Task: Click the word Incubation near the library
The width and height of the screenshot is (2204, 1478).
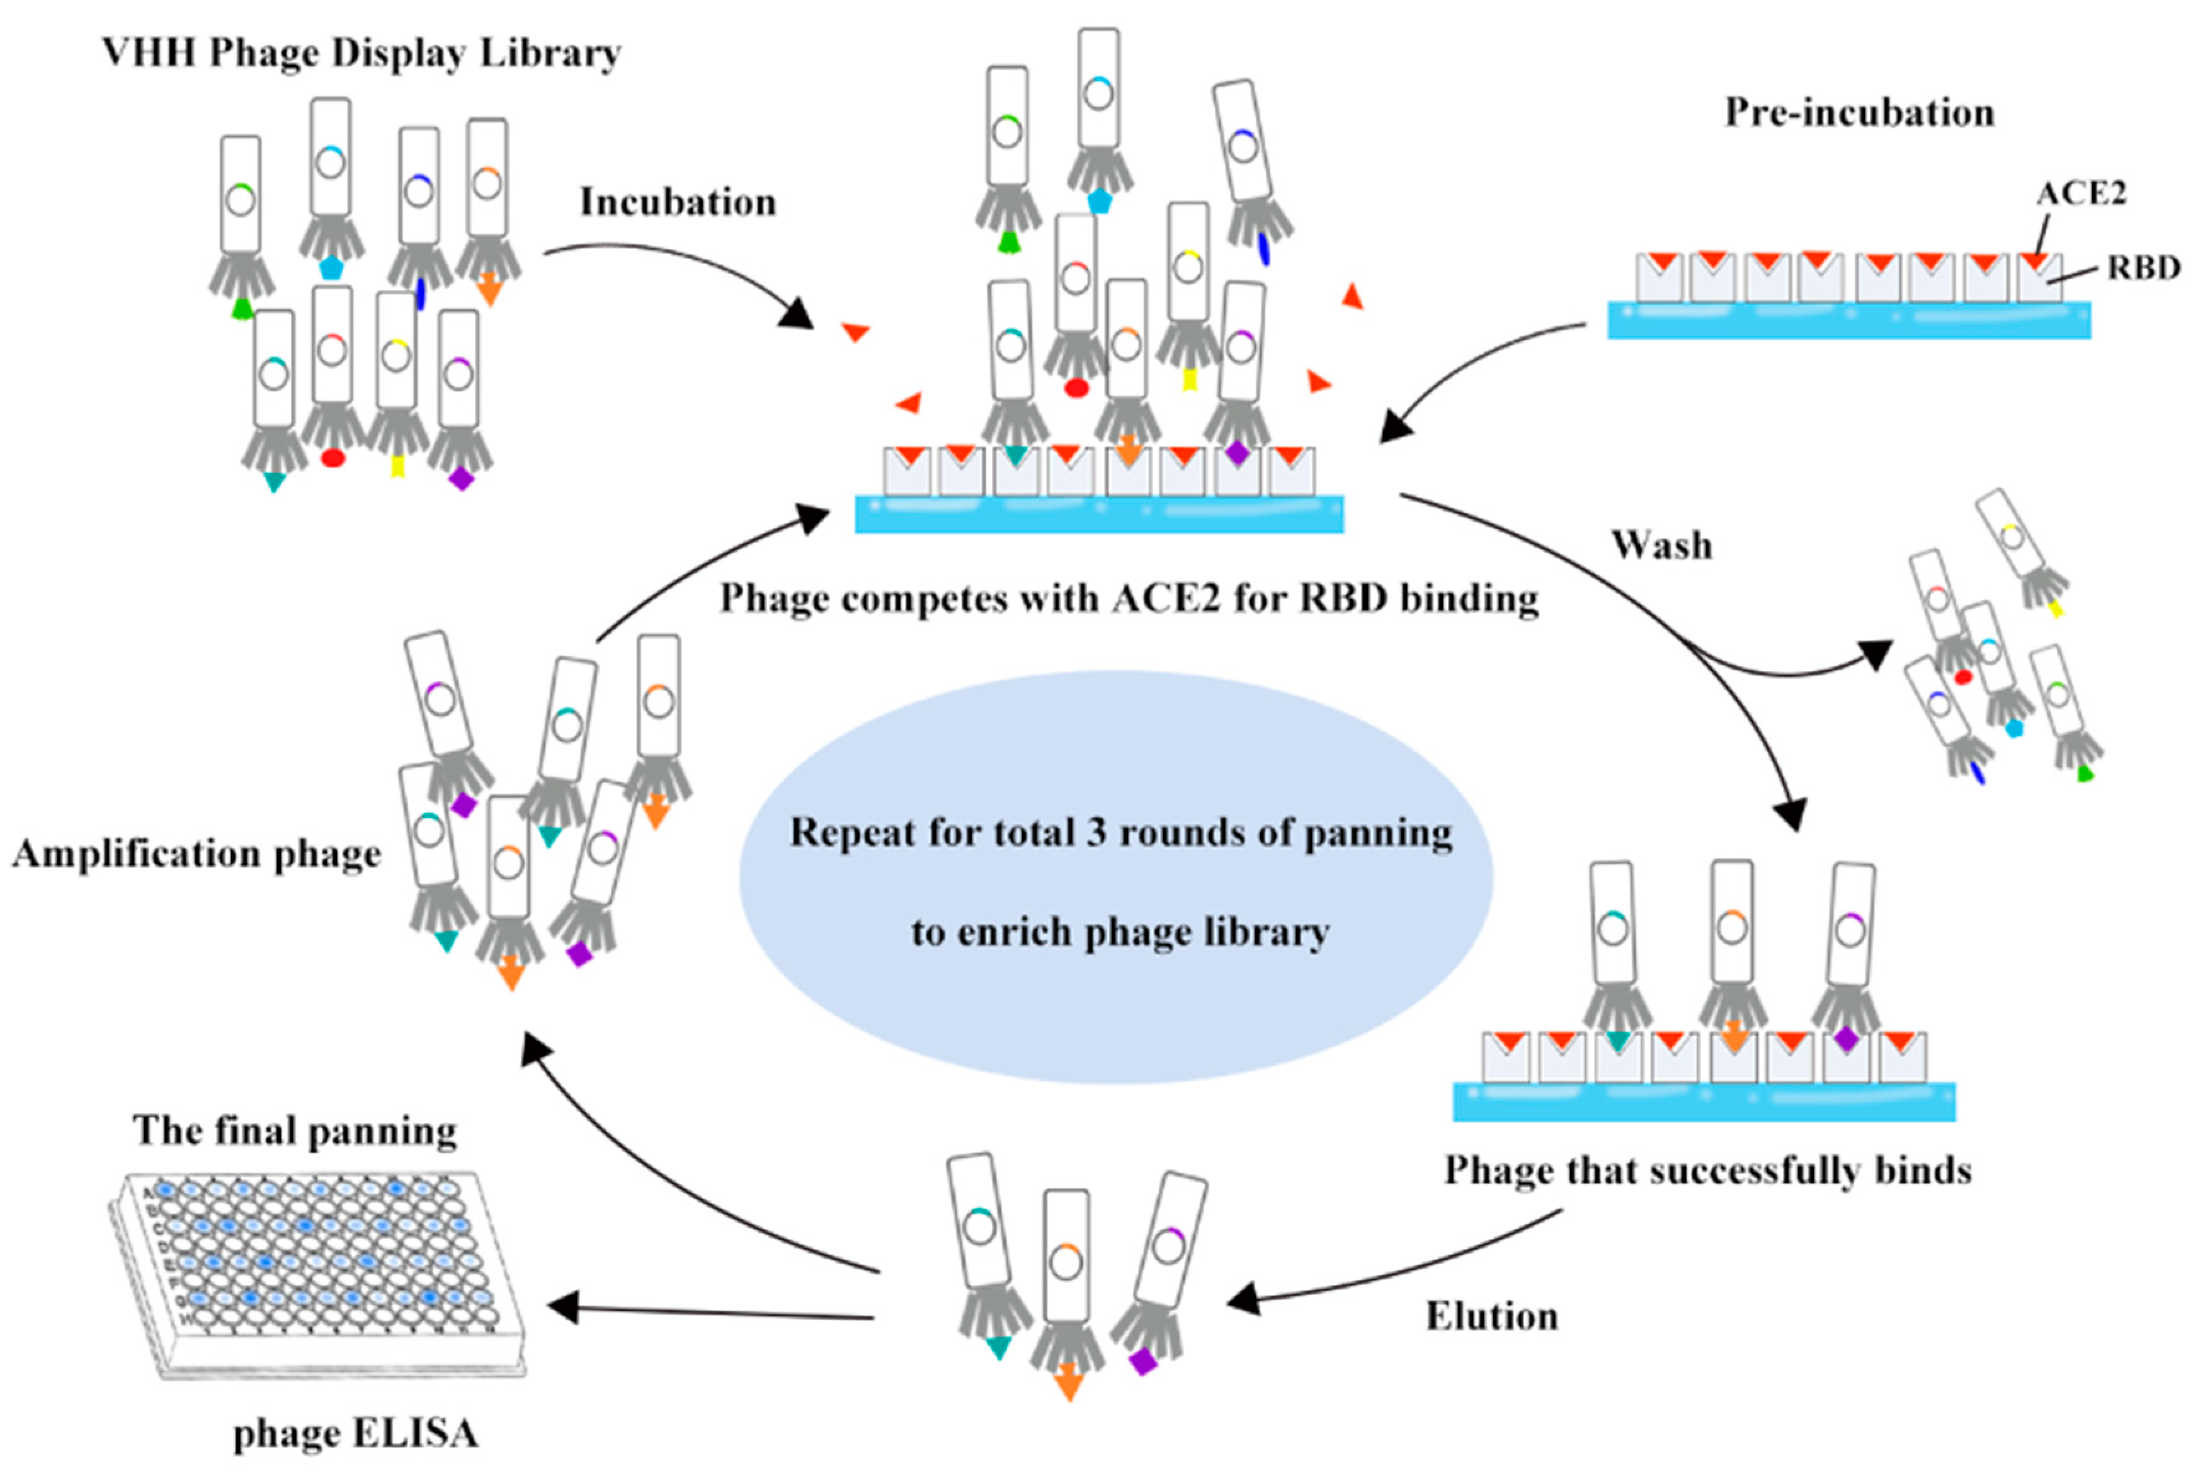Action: pyautogui.click(x=677, y=202)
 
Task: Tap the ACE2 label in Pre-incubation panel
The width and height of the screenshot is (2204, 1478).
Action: pyautogui.click(x=2081, y=193)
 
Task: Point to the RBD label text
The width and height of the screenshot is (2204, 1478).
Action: pyautogui.click(x=2144, y=268)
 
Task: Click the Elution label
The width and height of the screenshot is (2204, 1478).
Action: pyautogui.click(x=1492, y=1316)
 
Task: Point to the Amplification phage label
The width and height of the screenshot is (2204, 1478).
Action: pyautogui.click(x=196, y=854)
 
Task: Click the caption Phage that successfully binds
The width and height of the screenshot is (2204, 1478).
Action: pyautogui.click(x=1708, y=1170)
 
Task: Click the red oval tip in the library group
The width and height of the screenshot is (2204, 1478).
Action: pyautogui.click(x=333, y=458)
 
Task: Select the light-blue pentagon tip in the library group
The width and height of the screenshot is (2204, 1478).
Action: pyautogui.click(x=331, y=268)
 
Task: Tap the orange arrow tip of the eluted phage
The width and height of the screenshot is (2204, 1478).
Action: pyautogui.click(x=1068, y=1385)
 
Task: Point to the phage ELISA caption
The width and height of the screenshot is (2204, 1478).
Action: pyautogui.click(x=356, y=1434)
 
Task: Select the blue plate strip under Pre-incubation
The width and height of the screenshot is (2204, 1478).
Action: pyautogui.click(x=1848, y=321)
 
